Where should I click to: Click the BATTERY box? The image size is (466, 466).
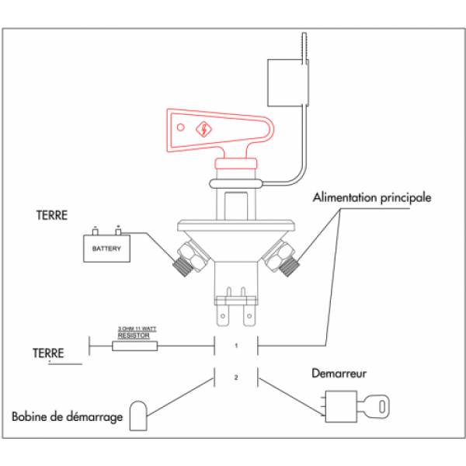click(x=106, y=249)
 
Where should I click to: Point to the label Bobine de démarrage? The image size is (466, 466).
click(x=68, y=417)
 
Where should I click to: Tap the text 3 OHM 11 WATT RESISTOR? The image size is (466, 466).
click(x=137, y=332)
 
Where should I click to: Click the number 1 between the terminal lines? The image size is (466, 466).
click(x=236, y=345)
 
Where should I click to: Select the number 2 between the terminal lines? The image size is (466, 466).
click(x=236, y=378)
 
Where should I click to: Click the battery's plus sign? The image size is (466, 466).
click(x=119, y=228)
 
